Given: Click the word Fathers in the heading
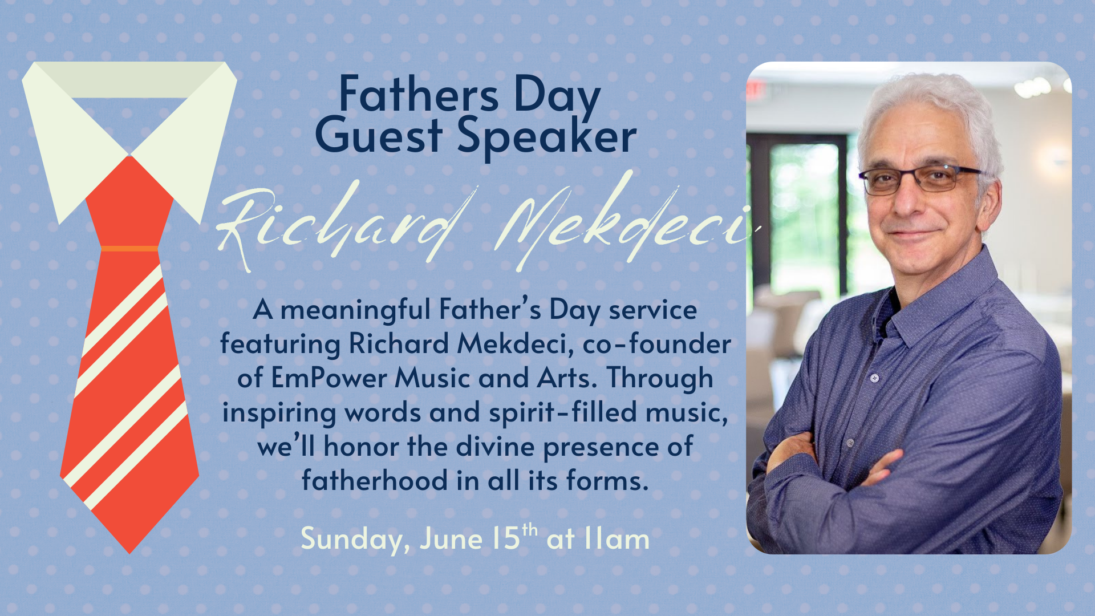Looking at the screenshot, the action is tap(419, 94).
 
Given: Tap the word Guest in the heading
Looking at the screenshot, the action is tap(378, 136).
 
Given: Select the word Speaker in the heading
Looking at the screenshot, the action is tap(546, 138).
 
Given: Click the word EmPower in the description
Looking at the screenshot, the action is tap(329, 378).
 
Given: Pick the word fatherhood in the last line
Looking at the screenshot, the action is tap(375, 480).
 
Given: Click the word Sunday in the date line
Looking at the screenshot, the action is tap(355, 540).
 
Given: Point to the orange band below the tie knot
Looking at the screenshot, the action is tap(129, 249).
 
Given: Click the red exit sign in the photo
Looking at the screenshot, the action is tap(755, 89).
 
